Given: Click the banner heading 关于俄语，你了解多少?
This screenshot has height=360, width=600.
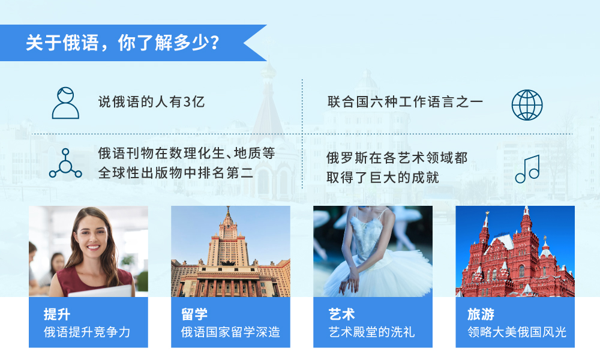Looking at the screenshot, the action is (x=122, y=43).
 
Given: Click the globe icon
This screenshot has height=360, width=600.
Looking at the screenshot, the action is (x=527, y=105).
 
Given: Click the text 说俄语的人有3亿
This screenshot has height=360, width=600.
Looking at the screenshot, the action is (x=152, y=102).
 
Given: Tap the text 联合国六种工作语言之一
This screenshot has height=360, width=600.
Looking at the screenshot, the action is (x=405, y=102).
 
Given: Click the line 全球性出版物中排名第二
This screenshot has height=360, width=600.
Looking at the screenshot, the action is (x=175, y=173).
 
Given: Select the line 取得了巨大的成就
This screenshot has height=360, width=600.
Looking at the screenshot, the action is (x=382, y=178).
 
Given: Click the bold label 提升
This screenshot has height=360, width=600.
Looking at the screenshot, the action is (x=56, y=314).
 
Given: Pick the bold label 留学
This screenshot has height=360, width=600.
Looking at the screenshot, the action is (x=194, y=314).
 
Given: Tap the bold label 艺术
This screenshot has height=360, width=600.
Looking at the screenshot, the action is (x=341, y=314).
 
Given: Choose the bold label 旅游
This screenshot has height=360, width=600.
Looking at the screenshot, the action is (x=481, y=314).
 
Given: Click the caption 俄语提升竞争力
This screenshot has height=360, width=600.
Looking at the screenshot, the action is (x=87, y=332).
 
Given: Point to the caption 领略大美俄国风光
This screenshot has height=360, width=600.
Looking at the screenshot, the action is (x=517, y=332).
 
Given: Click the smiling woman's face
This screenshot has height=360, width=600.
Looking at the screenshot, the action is (x=91, y=234).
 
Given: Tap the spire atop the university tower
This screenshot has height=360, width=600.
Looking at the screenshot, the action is (x=228, y=212).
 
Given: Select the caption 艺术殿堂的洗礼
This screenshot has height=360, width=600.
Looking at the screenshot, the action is (x=371, y=332).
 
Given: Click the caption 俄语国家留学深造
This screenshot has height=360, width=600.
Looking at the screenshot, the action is (x=230, y=332).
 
